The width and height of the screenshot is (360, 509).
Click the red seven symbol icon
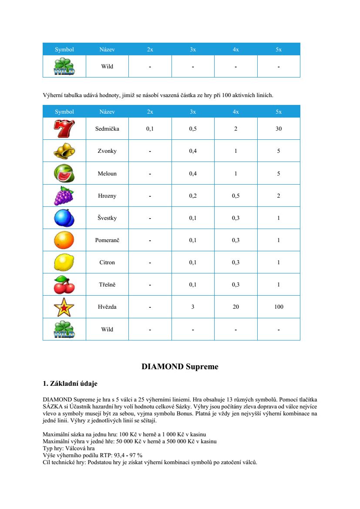click(64, 128)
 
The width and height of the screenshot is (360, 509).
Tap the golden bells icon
click(64, 151)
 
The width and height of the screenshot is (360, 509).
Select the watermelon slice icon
click(64, 173)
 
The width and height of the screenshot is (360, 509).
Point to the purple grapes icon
click(64, 196)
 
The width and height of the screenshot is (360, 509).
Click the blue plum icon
click(64, 218)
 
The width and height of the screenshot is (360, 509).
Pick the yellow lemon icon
click(64, 263)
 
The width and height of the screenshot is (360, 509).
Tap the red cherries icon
click(64, 285)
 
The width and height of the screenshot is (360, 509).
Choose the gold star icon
click(64, 307)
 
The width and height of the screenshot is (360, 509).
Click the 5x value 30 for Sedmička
click(279, 129)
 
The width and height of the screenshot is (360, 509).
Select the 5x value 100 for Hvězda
click(279, 307)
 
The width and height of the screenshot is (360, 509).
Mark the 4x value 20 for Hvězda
click(236, 307)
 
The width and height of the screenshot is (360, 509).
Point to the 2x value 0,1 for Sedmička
click(150, 129)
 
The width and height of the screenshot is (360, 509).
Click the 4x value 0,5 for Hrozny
click(236, 196)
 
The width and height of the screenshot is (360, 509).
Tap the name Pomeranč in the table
click(107, 240)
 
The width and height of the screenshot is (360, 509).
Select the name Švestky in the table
click(107, 218)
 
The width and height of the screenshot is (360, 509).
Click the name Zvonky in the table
click(107, 151)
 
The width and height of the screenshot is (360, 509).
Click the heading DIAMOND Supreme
click(180, 367)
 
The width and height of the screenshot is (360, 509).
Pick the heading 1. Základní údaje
click(70, 384)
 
